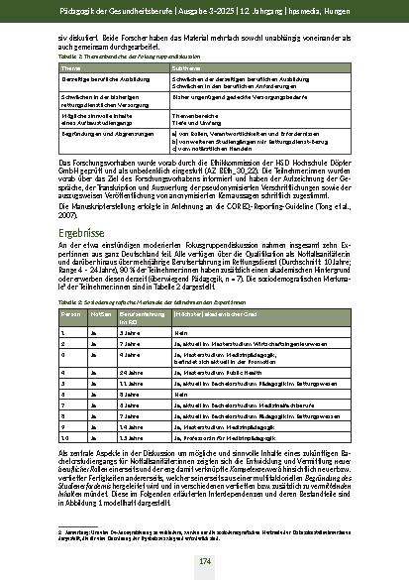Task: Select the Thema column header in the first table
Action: click(73, 68)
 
